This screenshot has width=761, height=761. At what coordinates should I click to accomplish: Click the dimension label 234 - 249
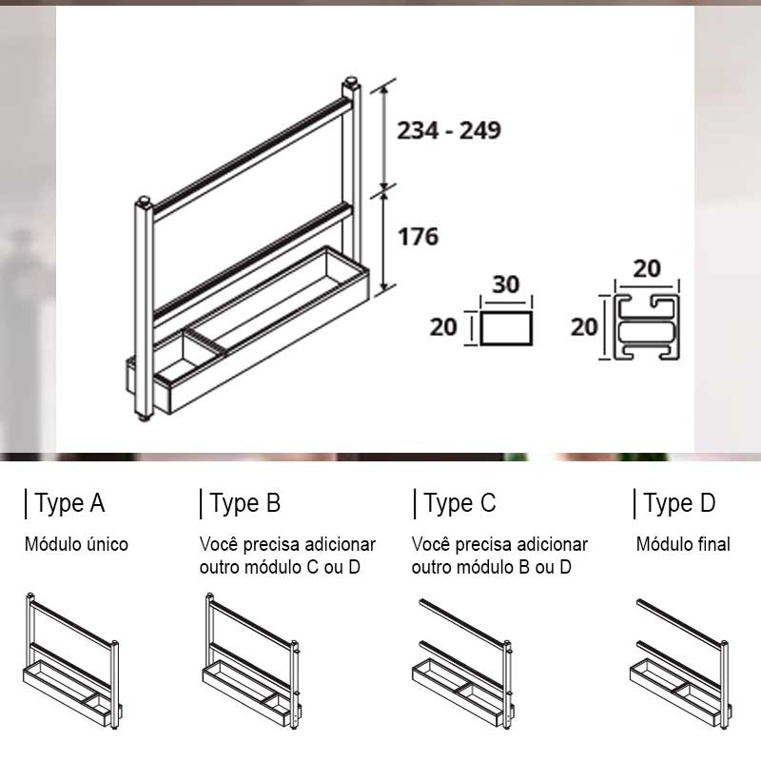pos(449,130)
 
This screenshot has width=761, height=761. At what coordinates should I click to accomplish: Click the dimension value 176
pos(418,236)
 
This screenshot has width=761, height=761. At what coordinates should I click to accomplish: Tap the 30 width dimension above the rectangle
pos(506,284)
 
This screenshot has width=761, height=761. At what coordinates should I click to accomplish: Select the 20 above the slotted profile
pos(647,269)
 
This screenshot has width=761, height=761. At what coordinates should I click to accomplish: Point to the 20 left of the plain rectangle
pos(443,327)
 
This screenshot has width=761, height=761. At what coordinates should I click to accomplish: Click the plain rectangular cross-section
pos(506,328)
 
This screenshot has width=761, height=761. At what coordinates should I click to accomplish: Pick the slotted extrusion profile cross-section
pos(647,327)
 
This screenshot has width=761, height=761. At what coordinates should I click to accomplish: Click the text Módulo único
pos(76,544)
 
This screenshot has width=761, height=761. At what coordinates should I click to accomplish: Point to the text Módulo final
pos(683,544)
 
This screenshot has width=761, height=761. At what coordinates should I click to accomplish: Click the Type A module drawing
pos(73,661)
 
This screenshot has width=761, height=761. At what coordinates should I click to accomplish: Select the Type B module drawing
pos(252,661)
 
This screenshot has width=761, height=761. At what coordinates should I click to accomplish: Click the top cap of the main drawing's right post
pos(351,81)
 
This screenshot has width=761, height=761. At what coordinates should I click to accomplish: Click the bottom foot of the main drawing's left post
pos(144,417)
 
